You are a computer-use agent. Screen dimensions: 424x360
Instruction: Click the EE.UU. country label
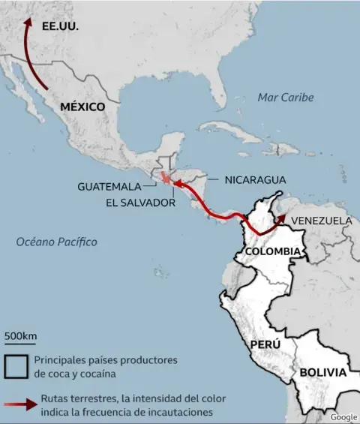click(x=61, y=25)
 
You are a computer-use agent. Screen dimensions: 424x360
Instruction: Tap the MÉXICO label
click(x=82, y=107)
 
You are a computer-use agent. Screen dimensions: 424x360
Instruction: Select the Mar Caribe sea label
click(x=285, y=98)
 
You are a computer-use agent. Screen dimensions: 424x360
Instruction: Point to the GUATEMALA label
click(x=109, y=186)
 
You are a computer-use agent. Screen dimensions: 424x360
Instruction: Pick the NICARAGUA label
click(x=255, y=179)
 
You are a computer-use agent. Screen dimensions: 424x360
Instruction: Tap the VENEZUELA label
click(x=321, y=221)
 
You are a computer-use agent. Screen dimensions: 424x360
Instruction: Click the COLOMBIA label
click(x=273, y=251)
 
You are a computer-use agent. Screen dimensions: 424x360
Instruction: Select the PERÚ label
click(x=265, y=344)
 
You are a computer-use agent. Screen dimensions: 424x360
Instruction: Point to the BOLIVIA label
click(x=322, y=372)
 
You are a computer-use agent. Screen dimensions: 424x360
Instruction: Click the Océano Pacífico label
click(x=57, y=242)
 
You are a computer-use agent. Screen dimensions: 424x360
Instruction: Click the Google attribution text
click(x=343, y=417)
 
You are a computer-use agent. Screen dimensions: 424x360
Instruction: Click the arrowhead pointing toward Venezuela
click(x=282, y=218)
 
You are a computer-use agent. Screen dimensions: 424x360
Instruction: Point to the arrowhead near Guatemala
click(x=177, y=182)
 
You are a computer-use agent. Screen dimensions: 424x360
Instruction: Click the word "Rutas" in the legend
click(x=56, y=398)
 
